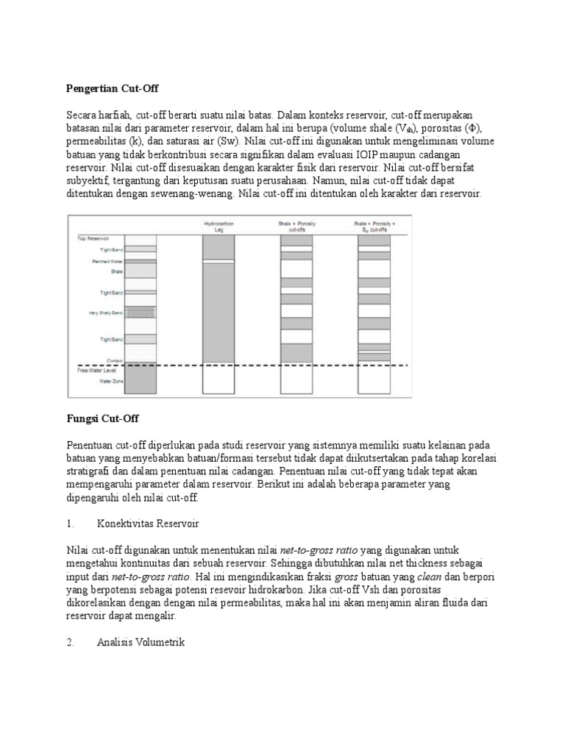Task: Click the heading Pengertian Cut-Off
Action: (x=112, y=88)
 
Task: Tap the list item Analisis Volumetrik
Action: (x=141, y=643)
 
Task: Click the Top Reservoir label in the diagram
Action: (x=93, y=238)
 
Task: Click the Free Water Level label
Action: (x=93, y=369)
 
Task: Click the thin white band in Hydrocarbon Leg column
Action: (x=218, y=261)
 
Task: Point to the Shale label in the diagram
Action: (x=116, y=271)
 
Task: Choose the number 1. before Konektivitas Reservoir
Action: (x=70, y=524)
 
